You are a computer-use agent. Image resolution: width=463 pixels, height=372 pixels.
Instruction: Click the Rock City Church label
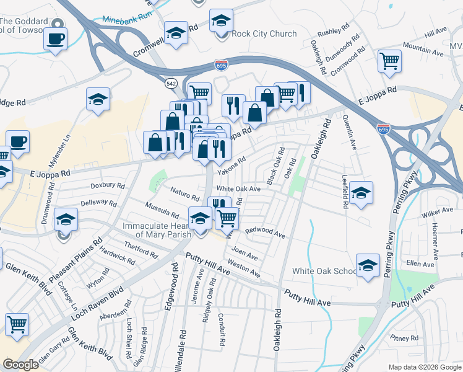[264, 33]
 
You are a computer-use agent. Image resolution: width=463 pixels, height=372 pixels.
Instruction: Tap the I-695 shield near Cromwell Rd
[221, 64]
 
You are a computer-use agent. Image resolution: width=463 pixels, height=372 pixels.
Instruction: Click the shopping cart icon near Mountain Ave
[389, 61]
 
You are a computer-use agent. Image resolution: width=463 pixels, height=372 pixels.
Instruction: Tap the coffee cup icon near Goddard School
[56, 38]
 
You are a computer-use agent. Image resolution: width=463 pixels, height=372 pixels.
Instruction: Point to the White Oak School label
[324, 271]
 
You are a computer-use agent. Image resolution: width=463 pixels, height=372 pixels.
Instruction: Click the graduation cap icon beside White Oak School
[368, 265]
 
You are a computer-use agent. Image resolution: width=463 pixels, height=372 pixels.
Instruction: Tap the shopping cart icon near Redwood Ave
[228, 218]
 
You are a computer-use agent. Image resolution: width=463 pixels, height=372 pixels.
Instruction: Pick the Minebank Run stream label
[128, 20]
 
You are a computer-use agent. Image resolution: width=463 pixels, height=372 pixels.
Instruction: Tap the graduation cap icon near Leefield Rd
[360, 193]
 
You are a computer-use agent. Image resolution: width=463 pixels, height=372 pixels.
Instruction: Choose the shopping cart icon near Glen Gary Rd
[17, 324]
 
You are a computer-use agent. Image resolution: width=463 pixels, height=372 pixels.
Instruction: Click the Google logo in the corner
[20, 365]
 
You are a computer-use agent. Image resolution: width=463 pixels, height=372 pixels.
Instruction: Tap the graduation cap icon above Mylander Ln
[98, 100]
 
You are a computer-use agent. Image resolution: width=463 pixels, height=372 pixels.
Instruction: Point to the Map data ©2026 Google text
[424, 367]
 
